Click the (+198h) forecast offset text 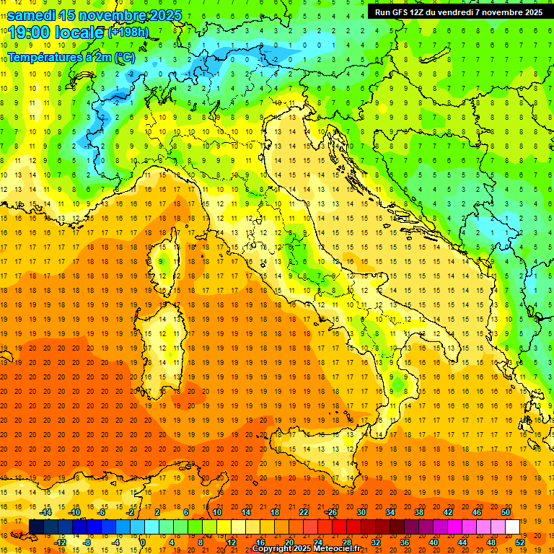coord(129,32)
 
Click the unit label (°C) coord(124,57)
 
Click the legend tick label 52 coord(520,542)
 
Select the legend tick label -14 coord(47,512)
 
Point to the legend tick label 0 coord(143,542)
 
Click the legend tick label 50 coord(506,512)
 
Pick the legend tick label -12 coord(61,542)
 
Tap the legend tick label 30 coord(361,512)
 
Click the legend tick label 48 coord(491,542)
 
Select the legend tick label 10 coord(217,512)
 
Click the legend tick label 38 coord(419,512)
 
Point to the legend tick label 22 coord(304,512)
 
